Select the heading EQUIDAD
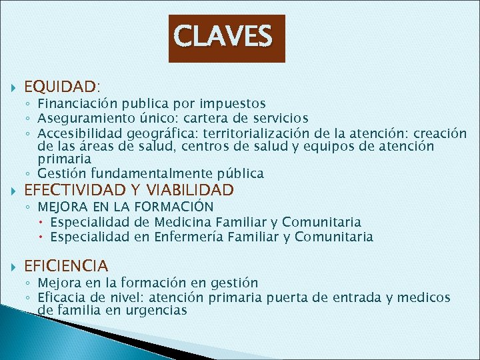click(61, 87)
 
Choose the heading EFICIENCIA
click(65, 266)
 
